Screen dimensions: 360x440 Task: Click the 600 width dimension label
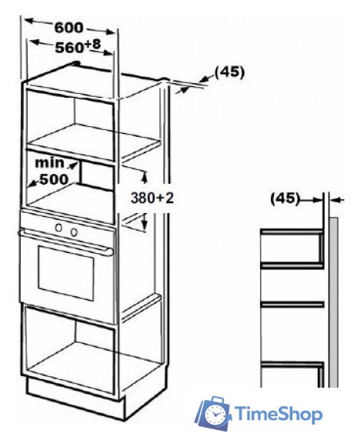pyautogui.click(x=68, y=28)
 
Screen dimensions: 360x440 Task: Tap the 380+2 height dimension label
pyautogui.click(x=152, y=198)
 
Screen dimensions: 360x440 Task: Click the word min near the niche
pyautogui.click(x=49, y=163)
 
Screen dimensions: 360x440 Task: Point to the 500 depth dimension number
pyautogui.click(x=54, y=179)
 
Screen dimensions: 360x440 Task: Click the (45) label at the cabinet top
pyautogui.click(x=229, y=72)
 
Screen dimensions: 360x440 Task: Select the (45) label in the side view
pyautogui.click(x=285, y=198)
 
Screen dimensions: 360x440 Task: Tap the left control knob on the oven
pyautogui.click(x=58, y=228)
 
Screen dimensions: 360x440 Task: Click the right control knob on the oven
pyautogui.click(x=74, y=232)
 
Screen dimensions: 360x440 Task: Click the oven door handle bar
pyautogui.click(x=65, y=242)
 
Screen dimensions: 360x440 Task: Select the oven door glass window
pyautogui.click(x=66, y=272)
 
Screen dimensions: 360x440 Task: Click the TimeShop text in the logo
pyautogui.click(x=278, y=414)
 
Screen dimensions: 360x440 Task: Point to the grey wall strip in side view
pyautogui.click(x=334, y=302)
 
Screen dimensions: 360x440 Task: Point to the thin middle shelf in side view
pyautogui.click(x=292, y=304)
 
